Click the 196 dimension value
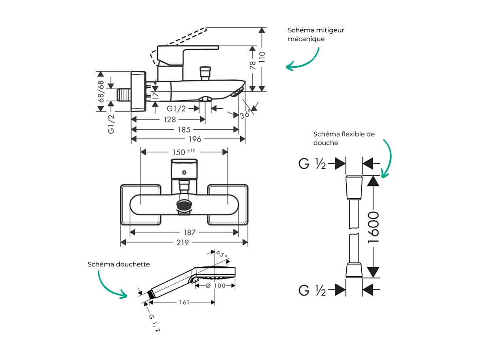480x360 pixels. pyautogui.click(x=194, y=139)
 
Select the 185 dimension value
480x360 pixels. pyautogui.click(x=184, y=130)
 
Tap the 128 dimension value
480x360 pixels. pyautogui.click(x=170, y=119)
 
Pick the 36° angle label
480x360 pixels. pyautogui.click(x=245, y=115)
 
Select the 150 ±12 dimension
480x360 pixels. pyautogui.click(x=183, y=152)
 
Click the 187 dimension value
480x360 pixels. pyautogui.click(x=189, y=232)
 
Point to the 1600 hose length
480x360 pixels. pyautogui.click(x=373, y=227)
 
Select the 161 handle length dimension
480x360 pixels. pyautogui.click(x=184, y=302)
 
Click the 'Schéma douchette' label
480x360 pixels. pyautogui.click(x=119, y=264)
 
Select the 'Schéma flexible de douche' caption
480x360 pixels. pyautogui.click(x=344, y=138)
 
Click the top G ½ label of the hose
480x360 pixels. pyautogui.click(x=312, y=164)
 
